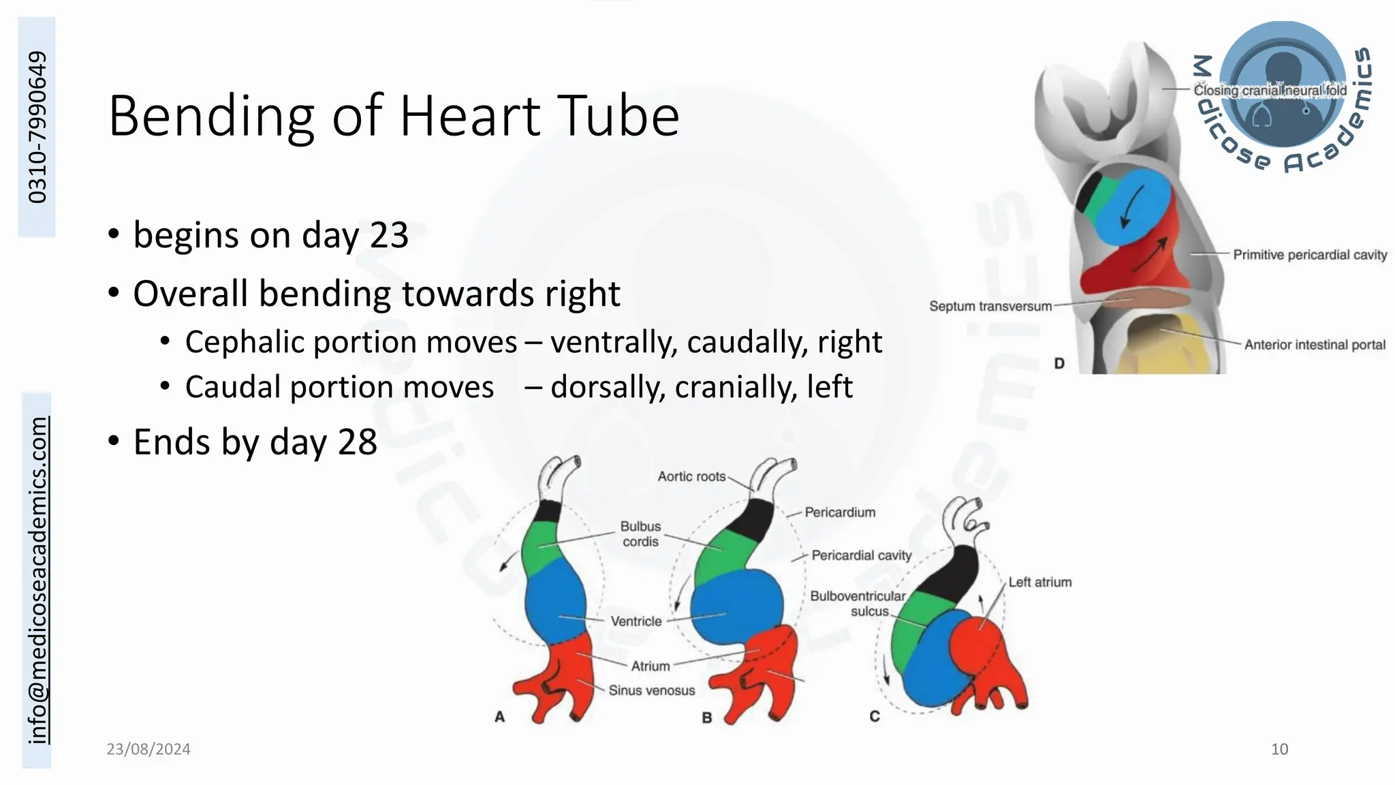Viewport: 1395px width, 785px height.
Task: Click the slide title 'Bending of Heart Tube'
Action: click(394, 117)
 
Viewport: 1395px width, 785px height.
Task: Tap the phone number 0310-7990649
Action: click(37, 127)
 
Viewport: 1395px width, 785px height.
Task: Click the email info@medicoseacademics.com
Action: click(38, 580)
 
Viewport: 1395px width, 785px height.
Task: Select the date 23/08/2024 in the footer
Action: click(148, 750)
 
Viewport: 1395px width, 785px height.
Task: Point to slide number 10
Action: click(1279, 750)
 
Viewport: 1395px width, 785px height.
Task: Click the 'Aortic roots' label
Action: click(691, 477)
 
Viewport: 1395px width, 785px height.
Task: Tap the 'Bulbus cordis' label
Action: click(640, 534)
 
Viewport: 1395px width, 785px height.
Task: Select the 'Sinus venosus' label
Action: click(652, 691)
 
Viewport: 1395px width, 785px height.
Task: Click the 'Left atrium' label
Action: click(1039, 583)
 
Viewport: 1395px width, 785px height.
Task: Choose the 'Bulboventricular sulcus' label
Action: click(858, 604)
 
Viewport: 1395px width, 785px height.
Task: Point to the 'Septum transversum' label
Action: click(990, 307)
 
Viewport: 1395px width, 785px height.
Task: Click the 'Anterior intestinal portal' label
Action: click(1315, 345)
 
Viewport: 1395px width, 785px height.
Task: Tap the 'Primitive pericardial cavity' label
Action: click(1310, 255)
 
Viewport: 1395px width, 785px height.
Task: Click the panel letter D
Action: click(1059, 363)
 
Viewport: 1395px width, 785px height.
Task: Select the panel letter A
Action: click(500, 717)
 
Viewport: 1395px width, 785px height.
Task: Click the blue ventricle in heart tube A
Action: click(555, 603)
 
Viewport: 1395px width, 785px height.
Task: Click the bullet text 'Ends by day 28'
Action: click(255, 442)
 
